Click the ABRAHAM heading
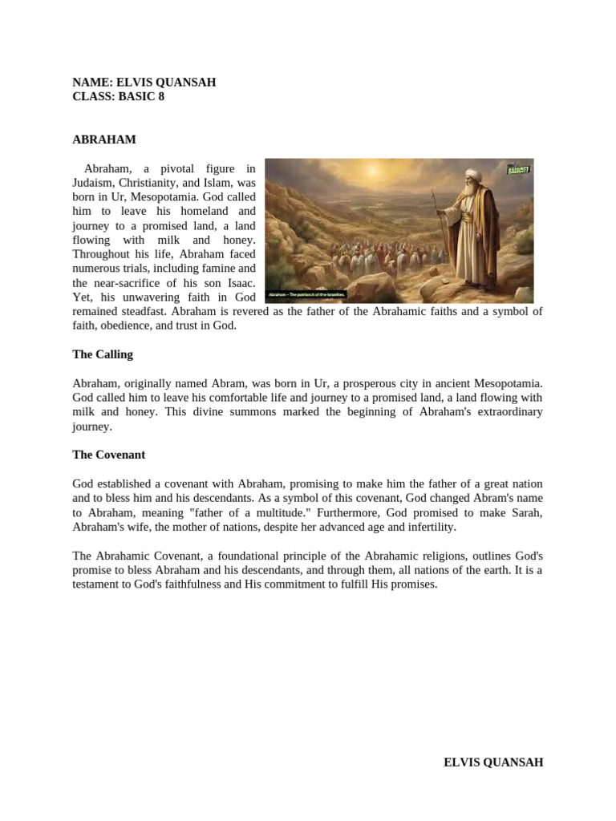(104, 140)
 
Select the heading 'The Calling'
(103, 354)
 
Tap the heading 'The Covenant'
(109, 455)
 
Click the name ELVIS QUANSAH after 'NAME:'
(166, 83)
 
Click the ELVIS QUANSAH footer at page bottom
(493, 762)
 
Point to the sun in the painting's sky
(371, 171)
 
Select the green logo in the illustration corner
(520, 169)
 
